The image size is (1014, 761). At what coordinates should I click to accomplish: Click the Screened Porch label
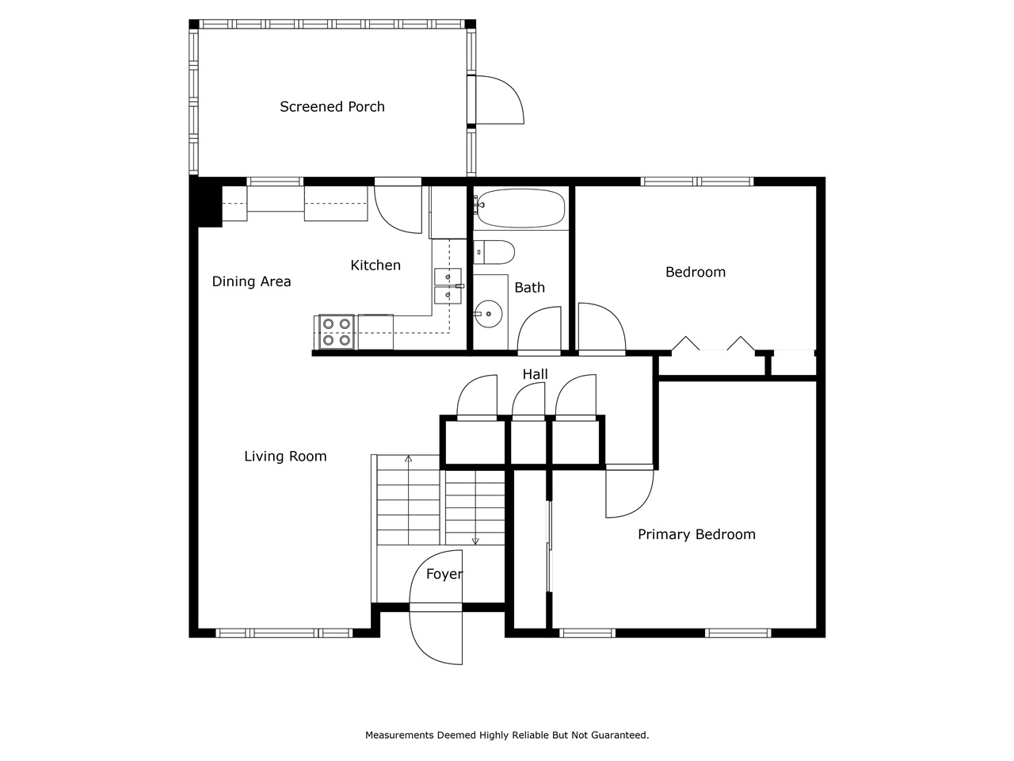pyautogui.click(x=332, y=107)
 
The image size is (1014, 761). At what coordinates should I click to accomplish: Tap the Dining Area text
pyautogui.click(x=251, y=281)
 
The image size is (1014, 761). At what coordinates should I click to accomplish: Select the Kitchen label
pyautogui.click(x=375, y=266)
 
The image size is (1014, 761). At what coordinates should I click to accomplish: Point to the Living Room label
pyautogui.click(x=285, y=457)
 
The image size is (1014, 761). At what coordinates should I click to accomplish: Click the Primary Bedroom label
pyautogui.click(x=696, y=535)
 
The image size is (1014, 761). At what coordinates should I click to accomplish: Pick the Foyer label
pyautogui.click(x=444, y=575)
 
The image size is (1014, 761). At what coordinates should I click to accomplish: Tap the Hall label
pyautogui.click(x=535, y=374)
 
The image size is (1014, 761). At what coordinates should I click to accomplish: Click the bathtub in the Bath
pyautogui.click(x=520, y=208)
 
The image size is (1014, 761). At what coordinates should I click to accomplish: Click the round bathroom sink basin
pyautogui.click(x=489, y=314)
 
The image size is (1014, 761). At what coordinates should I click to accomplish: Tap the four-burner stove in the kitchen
pyautogui.click(x=336, y=332)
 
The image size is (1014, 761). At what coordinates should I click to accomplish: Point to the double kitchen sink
pyautogui.click(x=447, y=286)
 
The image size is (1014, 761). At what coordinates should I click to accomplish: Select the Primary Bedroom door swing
pyautogui.click(x=628, y=492)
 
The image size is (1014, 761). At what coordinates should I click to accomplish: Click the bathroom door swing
pyautogui.click(x=539, y=330)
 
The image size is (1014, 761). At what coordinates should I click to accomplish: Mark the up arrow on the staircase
pyautogui.click(x=408, y=459)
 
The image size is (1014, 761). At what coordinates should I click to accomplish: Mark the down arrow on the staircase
pyautogui.click(x=475, y=541)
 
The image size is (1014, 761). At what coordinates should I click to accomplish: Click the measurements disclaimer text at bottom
pyautogui.click(x=507, y=736)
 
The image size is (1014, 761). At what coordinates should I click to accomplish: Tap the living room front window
pyautogui.click(x=284, y=633)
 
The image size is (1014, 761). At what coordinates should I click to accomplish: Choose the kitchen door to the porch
pyautogui.click(x=398, y=208)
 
